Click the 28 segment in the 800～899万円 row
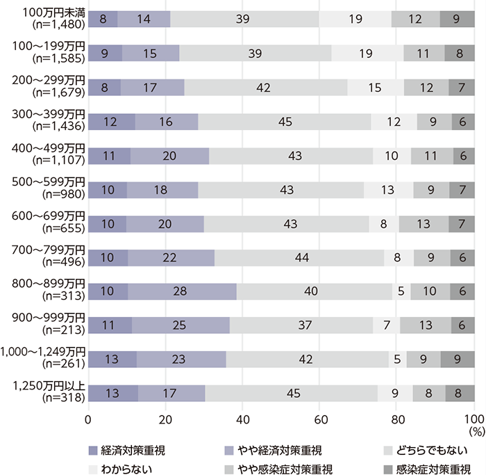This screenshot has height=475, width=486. click(182, 291)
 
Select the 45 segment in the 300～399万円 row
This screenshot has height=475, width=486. click(285, 121)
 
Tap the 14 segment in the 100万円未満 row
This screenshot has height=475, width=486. click(144, 19)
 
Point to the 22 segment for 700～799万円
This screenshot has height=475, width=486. click(171, 257)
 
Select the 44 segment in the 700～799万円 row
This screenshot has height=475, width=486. click(299, 257)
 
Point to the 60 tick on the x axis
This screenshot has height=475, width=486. click(320, 419)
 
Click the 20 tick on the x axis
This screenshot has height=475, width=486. click(165, 419)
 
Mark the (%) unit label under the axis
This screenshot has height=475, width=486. click(476, 431)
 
